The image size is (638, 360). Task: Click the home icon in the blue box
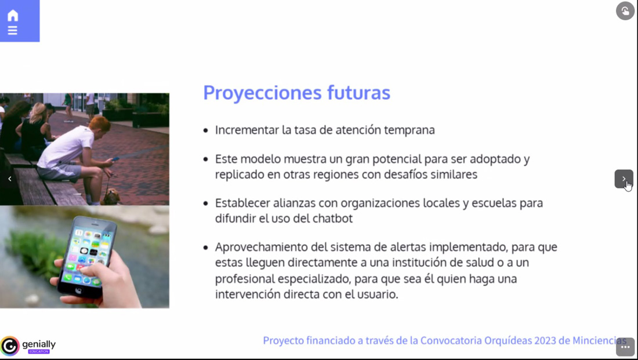pyautogui.click(x=13, y=16)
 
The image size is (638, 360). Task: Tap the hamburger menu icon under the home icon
pyautogui.click(x=13, y=31)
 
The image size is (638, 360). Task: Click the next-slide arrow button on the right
pyautogui.click(x=623, y=179)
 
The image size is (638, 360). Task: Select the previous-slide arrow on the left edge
pyautogui.click(x=10, y=179)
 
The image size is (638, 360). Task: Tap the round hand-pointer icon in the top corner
pyautogui.click(x=625, y=11)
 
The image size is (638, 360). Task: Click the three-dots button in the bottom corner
pyautogui.click(x=625, y=347)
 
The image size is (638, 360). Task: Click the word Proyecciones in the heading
pyautogui.click(x=262, y=93)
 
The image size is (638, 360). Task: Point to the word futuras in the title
pyautogui.click(x=358, y=92)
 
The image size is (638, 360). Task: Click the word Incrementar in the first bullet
pyautogui.click(x=247, y=130)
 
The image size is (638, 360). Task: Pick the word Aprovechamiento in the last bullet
pyautogui.click(x=262, y=248)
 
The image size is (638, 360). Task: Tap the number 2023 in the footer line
pyautogui.click(x=550, y=340)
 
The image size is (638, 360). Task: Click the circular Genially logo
pyautogui.click(x=10, y=346)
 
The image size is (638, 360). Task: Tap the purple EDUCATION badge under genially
pyautogui.click(x=39, y=351)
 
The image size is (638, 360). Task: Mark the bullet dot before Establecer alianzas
pyautogui.click(x=205, y=203)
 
